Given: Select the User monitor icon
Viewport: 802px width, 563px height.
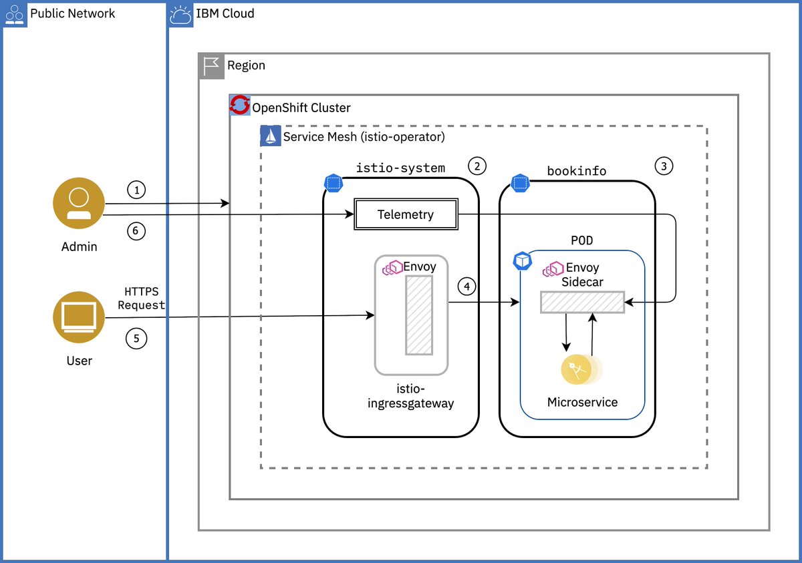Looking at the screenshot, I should [79, 318].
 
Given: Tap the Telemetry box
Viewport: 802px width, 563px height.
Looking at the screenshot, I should [406, 215].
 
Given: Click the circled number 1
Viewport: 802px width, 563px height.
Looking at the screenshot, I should [136, 190].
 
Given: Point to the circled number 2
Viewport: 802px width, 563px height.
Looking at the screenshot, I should [477, 166].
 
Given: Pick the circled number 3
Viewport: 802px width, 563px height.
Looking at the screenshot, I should [664, 166].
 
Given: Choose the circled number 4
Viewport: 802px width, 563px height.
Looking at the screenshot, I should [467, 287].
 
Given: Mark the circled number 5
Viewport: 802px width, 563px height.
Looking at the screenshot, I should [136, 339].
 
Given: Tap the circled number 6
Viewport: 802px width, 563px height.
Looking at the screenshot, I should [136, 231].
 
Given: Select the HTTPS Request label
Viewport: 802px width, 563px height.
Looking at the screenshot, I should [144, 299].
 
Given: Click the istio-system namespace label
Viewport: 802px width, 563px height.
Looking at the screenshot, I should [400, 168].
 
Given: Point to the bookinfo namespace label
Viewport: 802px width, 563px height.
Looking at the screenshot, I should [576, 171].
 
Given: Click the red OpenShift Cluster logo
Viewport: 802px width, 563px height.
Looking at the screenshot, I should [240, 106].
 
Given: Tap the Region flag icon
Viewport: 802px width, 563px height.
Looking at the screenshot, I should [211, 65].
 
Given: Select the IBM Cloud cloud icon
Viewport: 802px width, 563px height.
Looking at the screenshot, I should [181, 14].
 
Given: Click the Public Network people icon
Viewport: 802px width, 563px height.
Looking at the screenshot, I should [14, 14].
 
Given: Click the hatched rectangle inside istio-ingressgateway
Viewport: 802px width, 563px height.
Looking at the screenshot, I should [419, 315].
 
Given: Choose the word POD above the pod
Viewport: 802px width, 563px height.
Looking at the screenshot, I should [581, 240].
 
